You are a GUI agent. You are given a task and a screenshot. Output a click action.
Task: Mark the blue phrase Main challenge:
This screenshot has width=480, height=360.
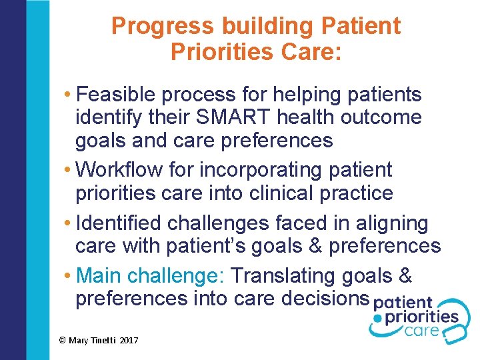coord(151,275)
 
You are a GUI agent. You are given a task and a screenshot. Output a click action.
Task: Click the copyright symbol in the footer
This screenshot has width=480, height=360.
coord(62,340)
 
